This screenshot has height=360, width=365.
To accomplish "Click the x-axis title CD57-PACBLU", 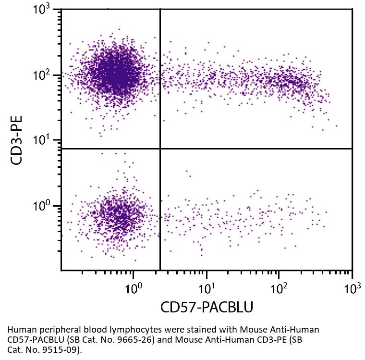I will pyautogui.click(x=207, y=306).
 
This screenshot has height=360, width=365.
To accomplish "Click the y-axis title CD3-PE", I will pyautogui.click(x=17, y=140).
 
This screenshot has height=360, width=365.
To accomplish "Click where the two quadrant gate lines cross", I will pyautogui.click(x=160, y=149).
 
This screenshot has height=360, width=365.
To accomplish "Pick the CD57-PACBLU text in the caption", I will pyautogui.click(x=34, y=340).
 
